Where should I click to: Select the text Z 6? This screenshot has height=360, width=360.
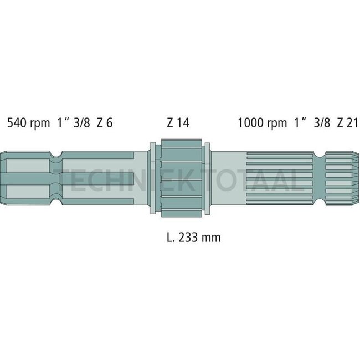[104, 122]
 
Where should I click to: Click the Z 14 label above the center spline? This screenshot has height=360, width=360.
[178, 122]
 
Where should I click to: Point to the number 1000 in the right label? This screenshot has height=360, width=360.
[250, 122]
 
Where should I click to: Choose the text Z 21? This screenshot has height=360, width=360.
[347, 122]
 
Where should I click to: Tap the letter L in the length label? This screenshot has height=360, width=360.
[168, 238]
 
